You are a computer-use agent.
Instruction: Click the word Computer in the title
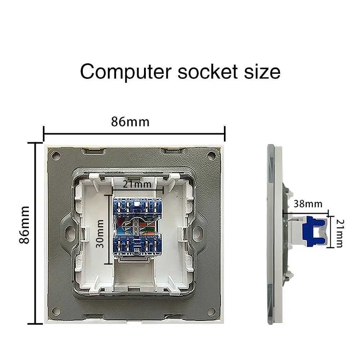pos(126,72)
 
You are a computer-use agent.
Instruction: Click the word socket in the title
pos(208,71)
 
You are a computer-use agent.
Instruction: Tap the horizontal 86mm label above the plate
pos(130,122)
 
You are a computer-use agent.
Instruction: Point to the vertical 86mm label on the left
pos(24,225)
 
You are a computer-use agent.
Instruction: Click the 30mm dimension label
pos(100,234)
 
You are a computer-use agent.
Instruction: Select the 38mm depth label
pos(308,204)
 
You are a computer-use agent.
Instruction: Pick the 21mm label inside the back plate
pos(137,184)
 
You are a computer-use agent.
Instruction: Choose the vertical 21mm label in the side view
pos(340,233)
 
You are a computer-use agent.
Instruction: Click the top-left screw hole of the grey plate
pos(56,156)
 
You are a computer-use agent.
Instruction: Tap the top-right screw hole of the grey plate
pos(211,156)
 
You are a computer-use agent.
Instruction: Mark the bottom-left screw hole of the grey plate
pos(56,311)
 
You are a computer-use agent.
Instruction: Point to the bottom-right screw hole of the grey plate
pos(211,311)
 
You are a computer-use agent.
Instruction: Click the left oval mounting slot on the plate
pos(69,232)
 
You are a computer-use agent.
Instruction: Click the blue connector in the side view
pos(314,231)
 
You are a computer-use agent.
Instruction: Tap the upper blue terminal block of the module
pos(137,208)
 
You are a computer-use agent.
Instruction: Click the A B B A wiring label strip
pos(136,226)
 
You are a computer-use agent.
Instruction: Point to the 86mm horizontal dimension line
pos(134,134)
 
